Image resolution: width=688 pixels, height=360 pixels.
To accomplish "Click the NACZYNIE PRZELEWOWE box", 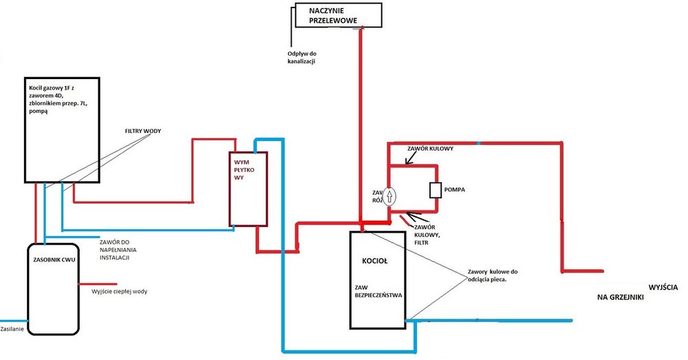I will (x=337, y=15).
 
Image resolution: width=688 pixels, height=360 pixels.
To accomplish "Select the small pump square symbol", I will (x=435, y=190).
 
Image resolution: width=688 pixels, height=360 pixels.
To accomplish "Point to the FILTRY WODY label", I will (x=142, y=130).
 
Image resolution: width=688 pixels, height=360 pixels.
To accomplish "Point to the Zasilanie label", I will (x=14, y=330).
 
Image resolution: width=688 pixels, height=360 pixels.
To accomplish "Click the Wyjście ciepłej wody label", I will (x=119, y=291).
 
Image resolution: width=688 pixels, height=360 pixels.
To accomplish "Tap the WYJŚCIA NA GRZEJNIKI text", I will (x=640, y=292).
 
